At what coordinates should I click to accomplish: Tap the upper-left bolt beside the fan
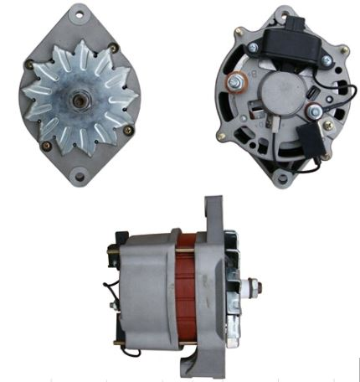point(31,65)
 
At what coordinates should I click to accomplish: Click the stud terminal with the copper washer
point(239,82)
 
